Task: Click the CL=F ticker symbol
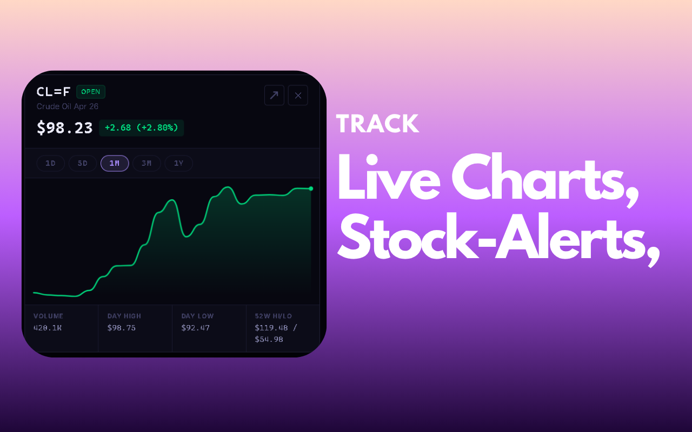click(54, 92)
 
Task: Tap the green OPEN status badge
click(91, 92)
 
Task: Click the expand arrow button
click(274, 96)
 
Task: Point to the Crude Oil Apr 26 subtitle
click(68, 106)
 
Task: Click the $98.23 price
click(64, 128)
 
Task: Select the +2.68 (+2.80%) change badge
click(142, 128)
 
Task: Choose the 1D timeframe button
click(51, 163)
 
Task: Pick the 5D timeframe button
click(83, 163)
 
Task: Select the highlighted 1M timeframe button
click(115, 163)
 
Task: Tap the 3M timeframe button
click(147, 163)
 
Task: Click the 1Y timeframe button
click(179, 163)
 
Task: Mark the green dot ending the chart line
click(311, 188)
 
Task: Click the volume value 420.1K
click(48, 328)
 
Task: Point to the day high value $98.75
click(122, 328)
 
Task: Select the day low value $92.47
click(196, 328)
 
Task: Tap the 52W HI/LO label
click(274, 316)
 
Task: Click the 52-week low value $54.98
click(269, 340)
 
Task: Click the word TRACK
click(377, 124)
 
